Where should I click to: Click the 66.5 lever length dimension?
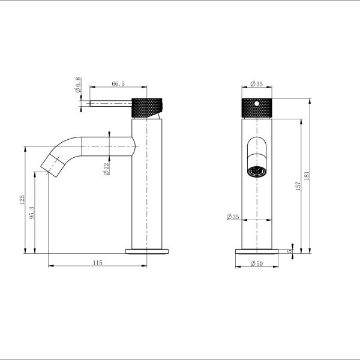118,85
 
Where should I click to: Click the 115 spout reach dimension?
98,263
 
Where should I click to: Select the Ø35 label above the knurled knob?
257,84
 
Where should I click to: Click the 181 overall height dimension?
308,177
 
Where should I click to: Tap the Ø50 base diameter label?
257,263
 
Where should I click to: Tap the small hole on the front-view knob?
257,104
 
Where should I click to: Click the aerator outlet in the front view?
257,172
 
